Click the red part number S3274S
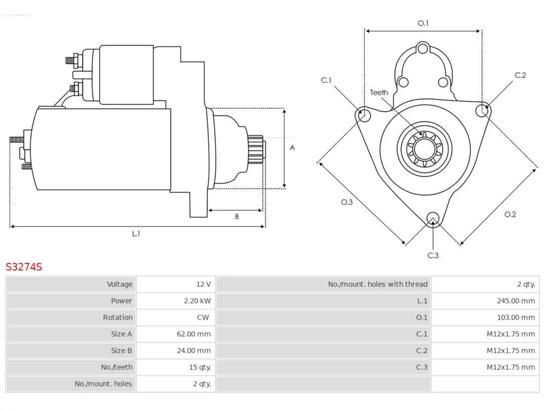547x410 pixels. click(x=24, y=267)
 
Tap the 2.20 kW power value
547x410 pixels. click(x=197, y=301)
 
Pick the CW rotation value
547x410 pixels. click(x=203, y=317)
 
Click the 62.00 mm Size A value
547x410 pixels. click(x=194, y=334)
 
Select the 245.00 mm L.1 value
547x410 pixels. click(x=516, y=301)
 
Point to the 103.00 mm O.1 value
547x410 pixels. click(x=516, y=317)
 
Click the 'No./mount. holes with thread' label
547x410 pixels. click(x=377, y=284)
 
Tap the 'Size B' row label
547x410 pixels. click(x=121, y=351)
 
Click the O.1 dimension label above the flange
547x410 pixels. click(x=423, y=23)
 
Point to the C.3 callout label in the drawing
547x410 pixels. click(x=433, y=255)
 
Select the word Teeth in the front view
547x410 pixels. click(x=379, y=93)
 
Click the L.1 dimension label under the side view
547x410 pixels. click(x=136, y=234)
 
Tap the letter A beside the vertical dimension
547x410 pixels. click(x=292, y=148)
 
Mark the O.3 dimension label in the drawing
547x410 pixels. click(x=347, y=202)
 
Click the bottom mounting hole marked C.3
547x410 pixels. click(x=433, y=218)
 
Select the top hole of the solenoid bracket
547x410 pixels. click(x=423, y=49)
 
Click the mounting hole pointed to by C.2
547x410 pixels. click(x=482, y=111)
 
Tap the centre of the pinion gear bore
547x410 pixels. click(x=424, y=149)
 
